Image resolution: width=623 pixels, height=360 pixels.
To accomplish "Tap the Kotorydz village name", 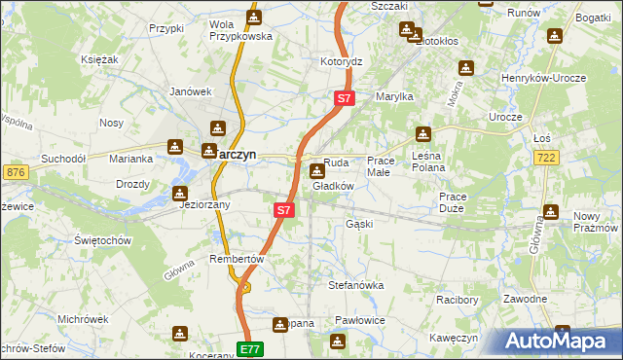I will coord(342,61).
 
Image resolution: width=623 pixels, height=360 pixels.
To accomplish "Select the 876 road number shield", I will coord(15,172).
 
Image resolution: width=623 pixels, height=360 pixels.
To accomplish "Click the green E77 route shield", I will coord(250,348).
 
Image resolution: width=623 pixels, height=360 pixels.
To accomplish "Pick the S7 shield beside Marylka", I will coord(345,98).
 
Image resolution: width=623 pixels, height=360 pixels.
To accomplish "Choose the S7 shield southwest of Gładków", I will coord(283,209).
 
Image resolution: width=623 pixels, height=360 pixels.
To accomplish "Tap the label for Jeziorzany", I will coord(202,205).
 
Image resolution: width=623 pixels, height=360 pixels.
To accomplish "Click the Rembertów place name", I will coord(237,260).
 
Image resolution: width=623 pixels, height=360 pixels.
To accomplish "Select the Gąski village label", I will coord(359,224).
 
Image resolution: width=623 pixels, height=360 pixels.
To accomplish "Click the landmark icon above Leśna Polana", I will coord(422,134).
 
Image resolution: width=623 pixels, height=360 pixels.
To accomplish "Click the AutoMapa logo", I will coord(561,341).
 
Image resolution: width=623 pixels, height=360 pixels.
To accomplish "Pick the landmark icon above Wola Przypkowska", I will coord(253,17).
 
